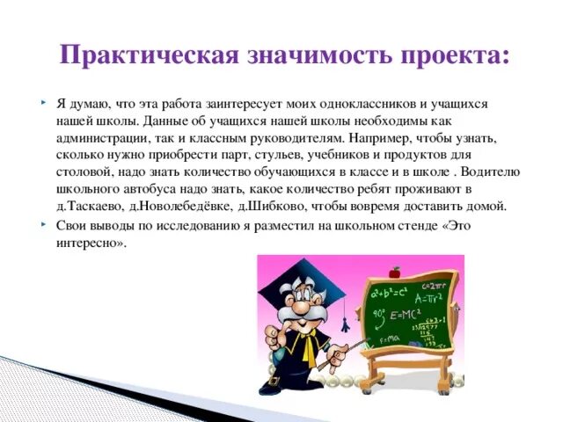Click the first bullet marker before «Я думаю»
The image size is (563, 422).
[42, 104]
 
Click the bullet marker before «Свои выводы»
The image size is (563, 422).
[42, 224]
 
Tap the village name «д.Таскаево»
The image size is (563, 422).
[89, 207]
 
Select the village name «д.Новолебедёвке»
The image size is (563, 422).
[181, 207]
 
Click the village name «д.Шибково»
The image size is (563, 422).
[269, 207]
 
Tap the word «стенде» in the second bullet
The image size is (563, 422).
[413, 224]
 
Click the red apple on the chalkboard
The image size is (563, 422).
[397, 273]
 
